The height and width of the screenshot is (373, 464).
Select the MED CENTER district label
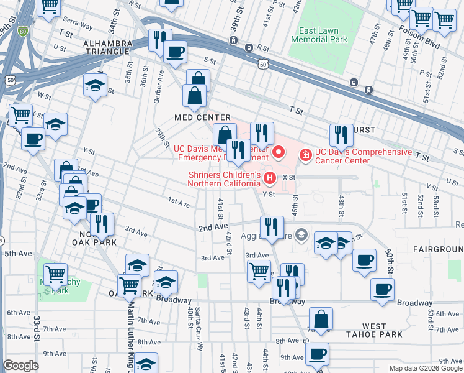(202, 117)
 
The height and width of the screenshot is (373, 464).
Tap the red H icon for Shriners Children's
(270, 179)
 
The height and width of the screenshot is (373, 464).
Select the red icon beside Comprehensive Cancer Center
(305, 153)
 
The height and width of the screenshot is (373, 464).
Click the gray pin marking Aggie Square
(301, 234)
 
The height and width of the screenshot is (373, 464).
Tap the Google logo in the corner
(21, 365)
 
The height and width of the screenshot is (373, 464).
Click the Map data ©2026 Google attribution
(425, 368)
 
